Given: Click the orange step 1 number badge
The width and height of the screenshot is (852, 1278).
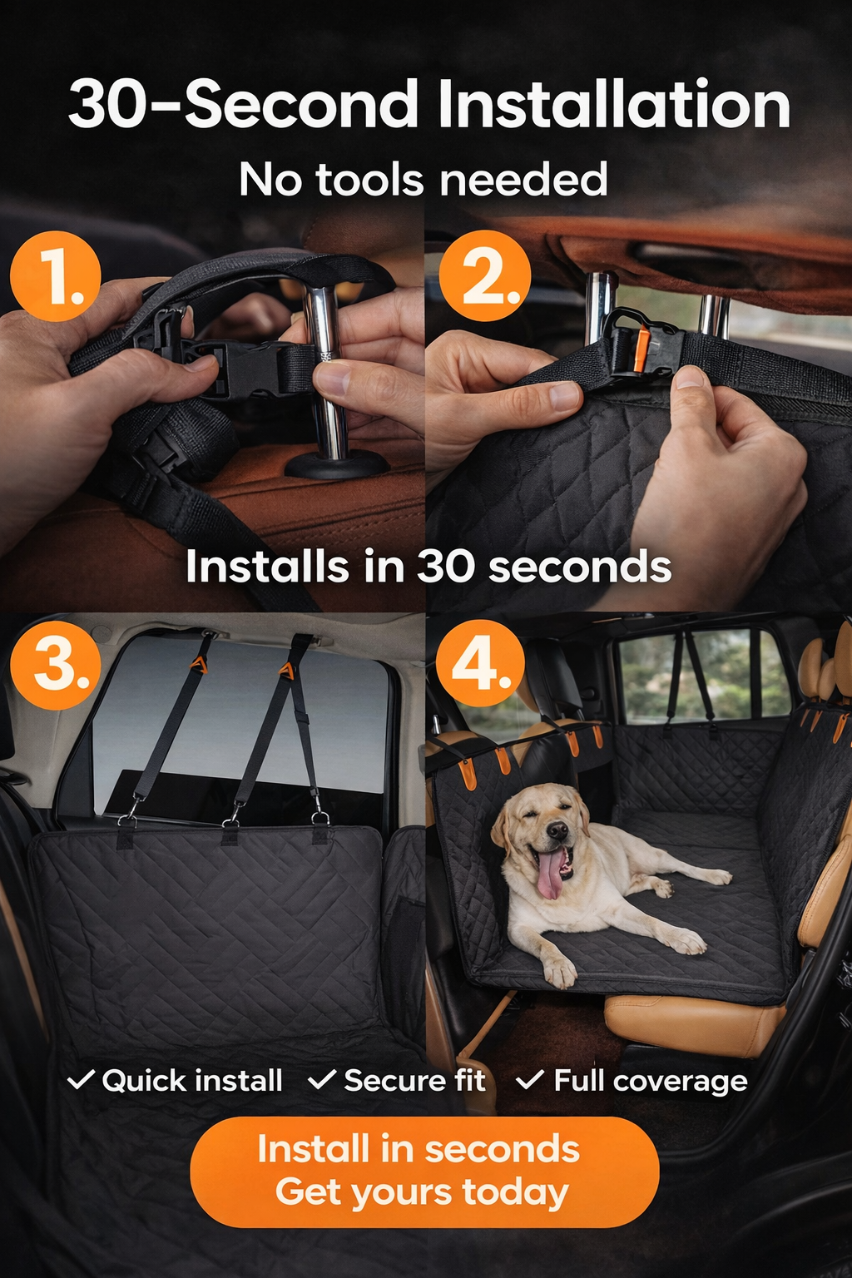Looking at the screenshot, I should pos(56,276).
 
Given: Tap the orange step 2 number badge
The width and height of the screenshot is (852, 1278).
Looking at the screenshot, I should pos(484,276).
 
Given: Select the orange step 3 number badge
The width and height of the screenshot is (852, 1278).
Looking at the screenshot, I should pos(56,664).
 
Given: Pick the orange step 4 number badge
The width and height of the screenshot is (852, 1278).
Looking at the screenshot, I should pos(480,664).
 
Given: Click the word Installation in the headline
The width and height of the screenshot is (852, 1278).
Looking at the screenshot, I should pos(613,105).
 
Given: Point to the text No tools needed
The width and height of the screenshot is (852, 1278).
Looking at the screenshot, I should pos(424,180).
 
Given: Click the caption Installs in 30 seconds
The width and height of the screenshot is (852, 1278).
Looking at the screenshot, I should pos(428,567).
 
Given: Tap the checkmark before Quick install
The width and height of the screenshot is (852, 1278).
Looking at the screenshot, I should pos(81,1079).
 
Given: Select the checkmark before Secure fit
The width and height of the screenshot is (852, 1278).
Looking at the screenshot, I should pos(322,1079).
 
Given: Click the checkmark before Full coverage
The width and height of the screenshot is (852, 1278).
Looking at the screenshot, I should pos(530,1079).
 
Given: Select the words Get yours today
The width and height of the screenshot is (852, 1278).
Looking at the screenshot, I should pos(422,1192).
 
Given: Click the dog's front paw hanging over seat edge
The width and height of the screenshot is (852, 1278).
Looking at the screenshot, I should pos(559,970).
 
